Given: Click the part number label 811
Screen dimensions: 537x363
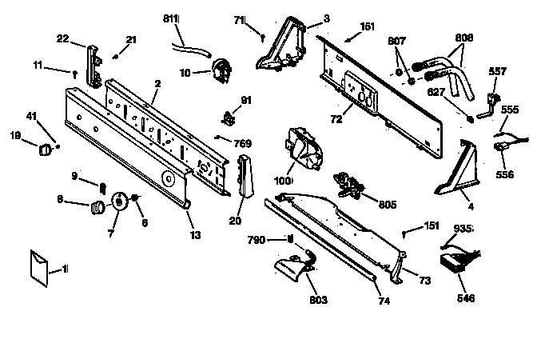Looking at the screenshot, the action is (x=171, y=18).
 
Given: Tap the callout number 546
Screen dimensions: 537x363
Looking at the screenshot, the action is (x=466, y=298).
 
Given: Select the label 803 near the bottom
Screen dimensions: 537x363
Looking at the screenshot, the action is (x=318, y=300).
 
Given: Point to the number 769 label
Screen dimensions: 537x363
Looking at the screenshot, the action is (x=242, y=143).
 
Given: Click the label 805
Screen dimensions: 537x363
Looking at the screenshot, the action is (x=388, y=205).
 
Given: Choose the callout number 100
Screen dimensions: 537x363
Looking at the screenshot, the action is (x=283, y=180).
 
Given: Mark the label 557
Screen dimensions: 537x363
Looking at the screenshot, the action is (x=497, y=71).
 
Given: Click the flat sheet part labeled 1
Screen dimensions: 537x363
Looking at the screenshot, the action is (x=38, y=268).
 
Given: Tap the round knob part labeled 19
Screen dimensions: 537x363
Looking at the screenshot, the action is (x=45, y=150).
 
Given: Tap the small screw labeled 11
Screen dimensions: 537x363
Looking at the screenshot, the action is (x=75, y=74).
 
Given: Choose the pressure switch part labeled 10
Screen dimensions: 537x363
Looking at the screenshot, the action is (x=221, y=71).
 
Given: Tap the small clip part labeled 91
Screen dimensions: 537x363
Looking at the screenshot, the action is (x=229, y=118).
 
